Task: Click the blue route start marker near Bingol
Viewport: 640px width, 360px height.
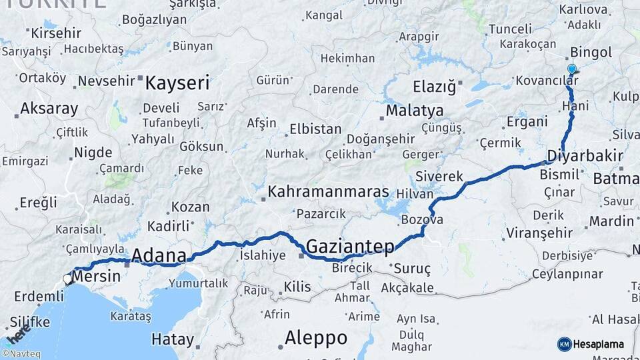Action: point(571,69)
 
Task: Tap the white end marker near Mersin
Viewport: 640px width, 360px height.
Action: point(67,279)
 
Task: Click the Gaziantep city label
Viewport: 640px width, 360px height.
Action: point(349,247)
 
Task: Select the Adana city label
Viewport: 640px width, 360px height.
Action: point(159,255)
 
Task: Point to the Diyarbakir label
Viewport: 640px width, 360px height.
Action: point(585,157)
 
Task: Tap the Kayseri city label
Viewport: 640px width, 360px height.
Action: point(177,83)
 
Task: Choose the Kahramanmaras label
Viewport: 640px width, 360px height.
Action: point(328,192)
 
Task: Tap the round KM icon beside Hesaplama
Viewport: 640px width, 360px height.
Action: point(564,344)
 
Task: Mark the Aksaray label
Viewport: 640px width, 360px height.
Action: point(49,109)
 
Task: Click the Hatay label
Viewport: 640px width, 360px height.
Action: point(173,339)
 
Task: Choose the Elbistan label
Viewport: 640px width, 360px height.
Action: point(315,129)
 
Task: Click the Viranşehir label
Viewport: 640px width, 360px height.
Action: point(539,233)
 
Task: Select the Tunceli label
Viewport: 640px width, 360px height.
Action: point(510,29)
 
